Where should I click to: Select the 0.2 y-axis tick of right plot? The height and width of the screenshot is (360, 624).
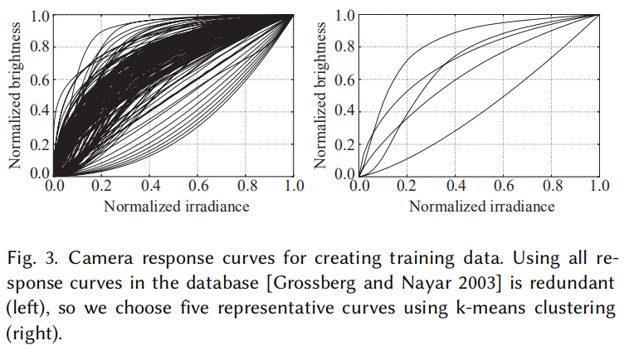coord(345,144)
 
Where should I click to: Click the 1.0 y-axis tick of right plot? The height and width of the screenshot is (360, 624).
coord(345,14)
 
